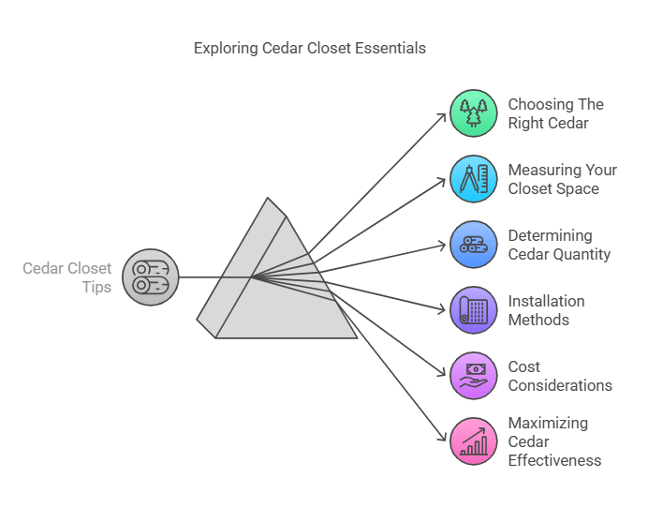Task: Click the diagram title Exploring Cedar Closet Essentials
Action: [x=309, y=48]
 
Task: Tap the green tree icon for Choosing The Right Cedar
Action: [x=473, y=113]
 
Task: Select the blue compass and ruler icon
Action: [x=473, y=179]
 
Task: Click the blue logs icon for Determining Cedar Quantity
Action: [x=473, y=245]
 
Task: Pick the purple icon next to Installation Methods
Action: [x=473, y=310]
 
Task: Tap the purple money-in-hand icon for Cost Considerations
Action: [x=473, y=376]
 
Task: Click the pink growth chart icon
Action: [x=473, y=441]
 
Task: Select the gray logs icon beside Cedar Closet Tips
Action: [x=150, y=277]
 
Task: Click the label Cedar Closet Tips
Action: [x=67, y=277]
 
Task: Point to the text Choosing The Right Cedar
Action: [x=555, y=112]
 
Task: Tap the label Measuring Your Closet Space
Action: [x=562, y=179]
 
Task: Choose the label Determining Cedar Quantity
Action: [x=559, y=245]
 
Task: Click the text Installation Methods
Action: [x=546, y=310]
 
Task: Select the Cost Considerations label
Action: [x=560, y=376]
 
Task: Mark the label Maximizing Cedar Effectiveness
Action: [x=554, y=441]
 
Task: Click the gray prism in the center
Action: [x=281, y=281]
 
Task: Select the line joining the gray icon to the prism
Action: [x=211, y=277]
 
